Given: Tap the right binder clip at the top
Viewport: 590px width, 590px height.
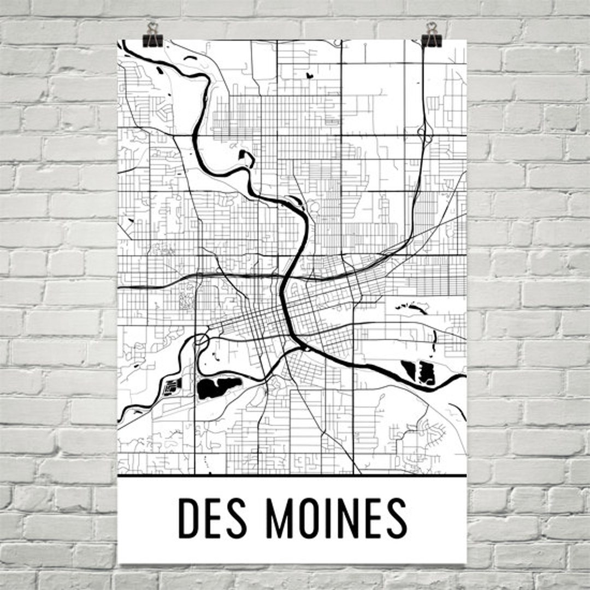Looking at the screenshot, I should [432, 36].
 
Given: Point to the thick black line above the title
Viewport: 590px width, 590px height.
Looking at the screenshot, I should [292, 476].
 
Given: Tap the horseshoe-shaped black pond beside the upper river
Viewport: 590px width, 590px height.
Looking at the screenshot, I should [249, 158].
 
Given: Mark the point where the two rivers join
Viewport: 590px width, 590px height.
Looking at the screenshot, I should [300, 345].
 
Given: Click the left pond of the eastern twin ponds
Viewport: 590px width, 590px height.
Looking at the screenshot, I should [409, 370].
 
